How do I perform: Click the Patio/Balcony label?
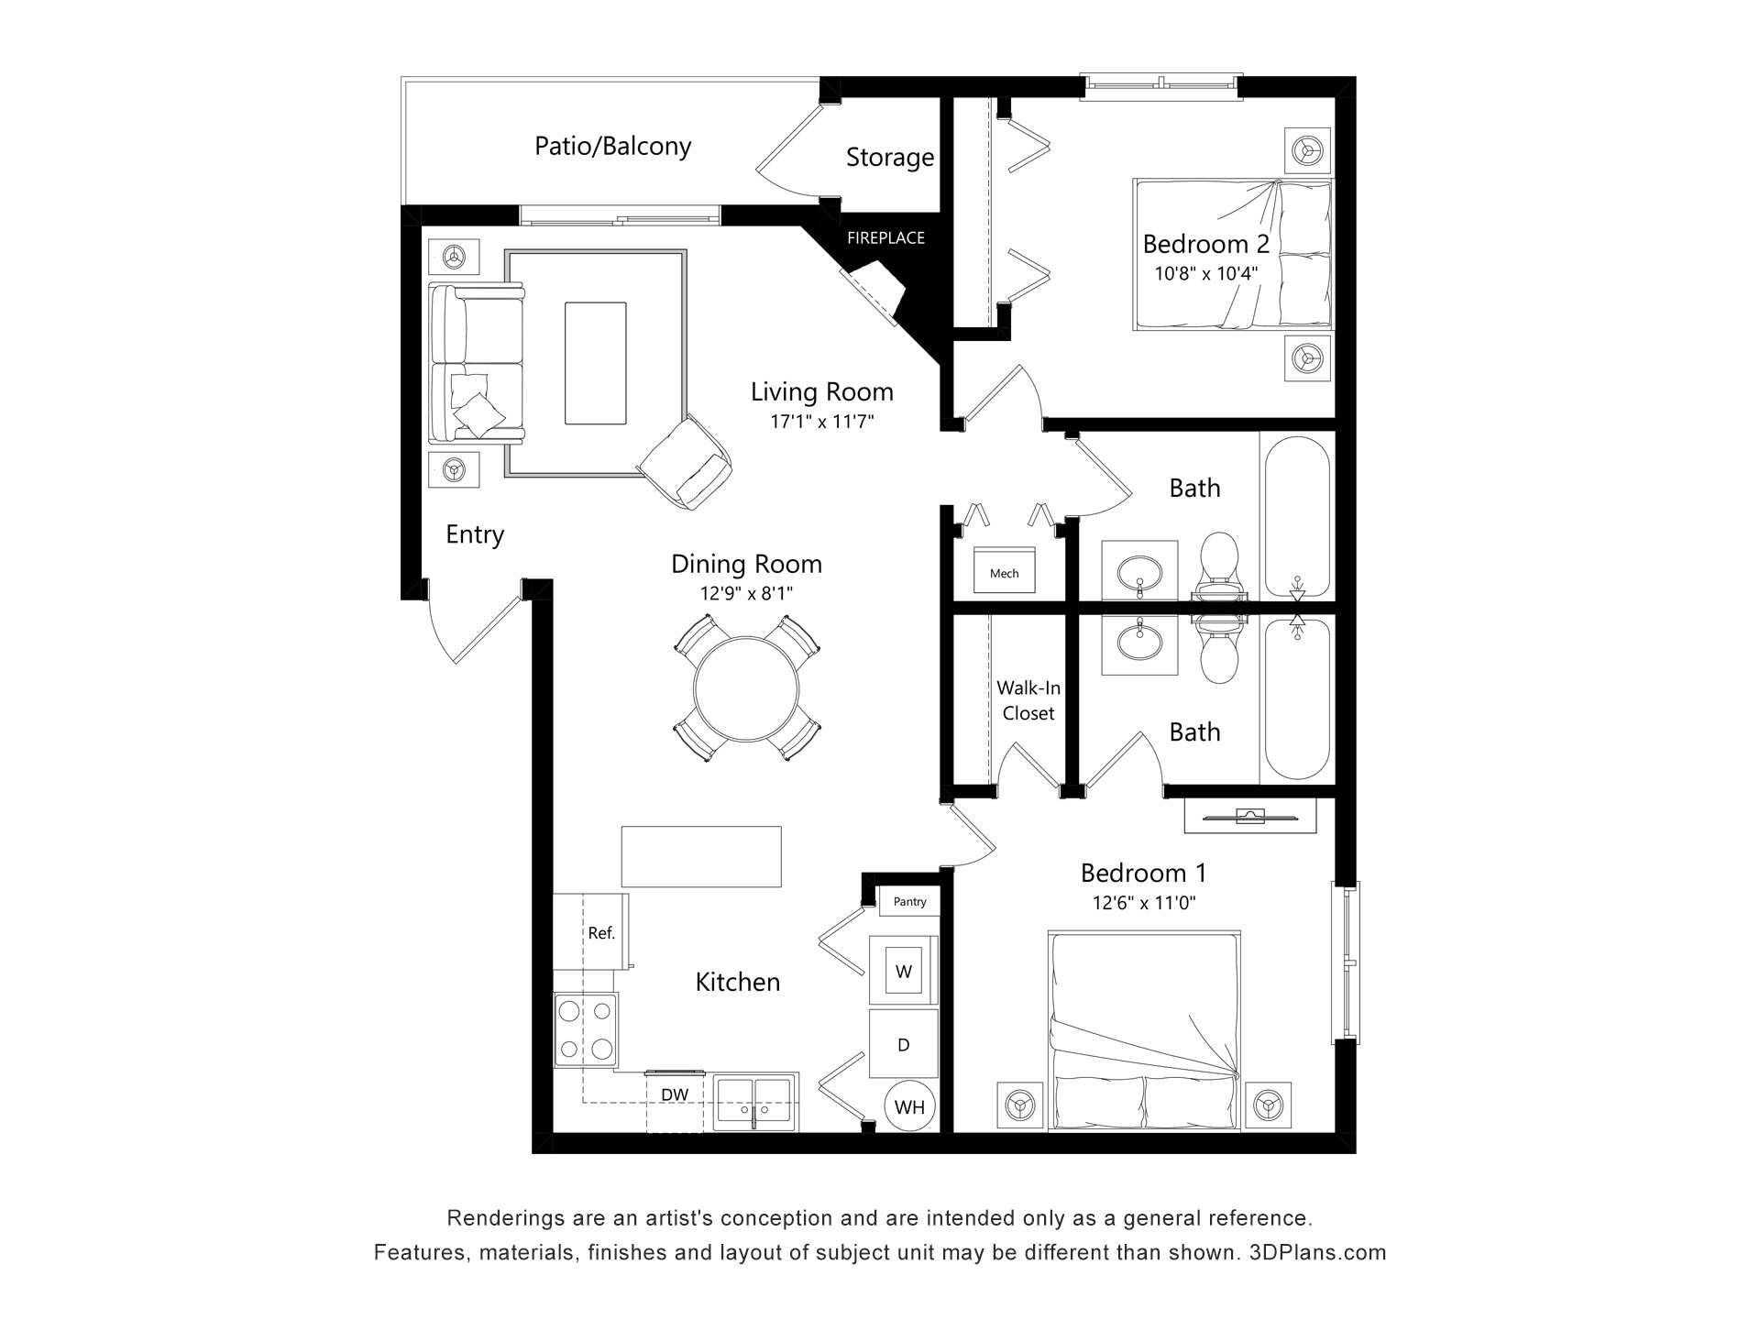612,147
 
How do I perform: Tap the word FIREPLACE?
885,238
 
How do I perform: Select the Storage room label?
889,158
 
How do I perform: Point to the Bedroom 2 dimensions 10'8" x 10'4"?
1205,273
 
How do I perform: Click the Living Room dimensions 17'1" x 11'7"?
822,422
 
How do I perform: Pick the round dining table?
746,688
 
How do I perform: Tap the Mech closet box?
1004,571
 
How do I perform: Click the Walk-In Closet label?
1028,700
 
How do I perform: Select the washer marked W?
904,971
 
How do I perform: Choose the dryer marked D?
904,1044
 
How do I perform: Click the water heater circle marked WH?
909,1106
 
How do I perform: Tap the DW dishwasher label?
675,1094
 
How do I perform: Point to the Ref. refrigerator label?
601,933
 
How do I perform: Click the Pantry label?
909,902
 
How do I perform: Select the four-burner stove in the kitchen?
586,1030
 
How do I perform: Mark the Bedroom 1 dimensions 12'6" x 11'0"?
1144,903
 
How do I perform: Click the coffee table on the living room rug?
596,363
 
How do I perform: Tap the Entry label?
475,534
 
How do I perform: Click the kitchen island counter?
701,856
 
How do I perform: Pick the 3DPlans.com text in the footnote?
1318,1252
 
